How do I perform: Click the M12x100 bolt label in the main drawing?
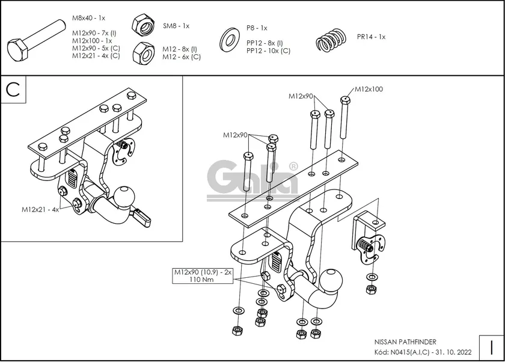click(369, 89)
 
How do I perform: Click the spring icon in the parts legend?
click(332, 41)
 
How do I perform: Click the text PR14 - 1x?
click(371, 37)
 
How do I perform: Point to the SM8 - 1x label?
click(176, 26)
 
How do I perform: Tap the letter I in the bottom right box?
click(491, 348)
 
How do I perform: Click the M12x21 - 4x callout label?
click(40, 209)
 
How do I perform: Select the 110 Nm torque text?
click(202, 280)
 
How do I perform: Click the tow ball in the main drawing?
click(331, 280)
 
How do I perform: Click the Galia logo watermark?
click(253, 179)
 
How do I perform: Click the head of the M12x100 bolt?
click(345, 100)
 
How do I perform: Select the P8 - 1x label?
click(256, 28)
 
